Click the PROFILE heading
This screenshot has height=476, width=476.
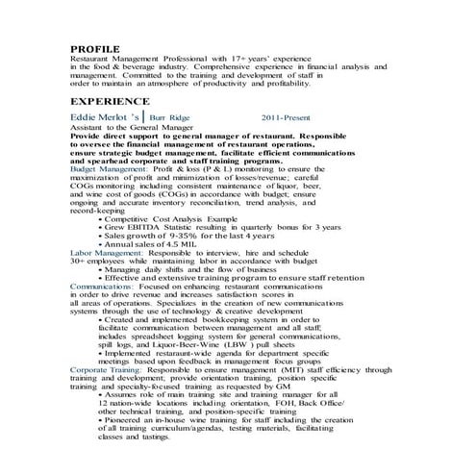click(x=95, y=48)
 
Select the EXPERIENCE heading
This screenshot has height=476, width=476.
click(x=110, y=101)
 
